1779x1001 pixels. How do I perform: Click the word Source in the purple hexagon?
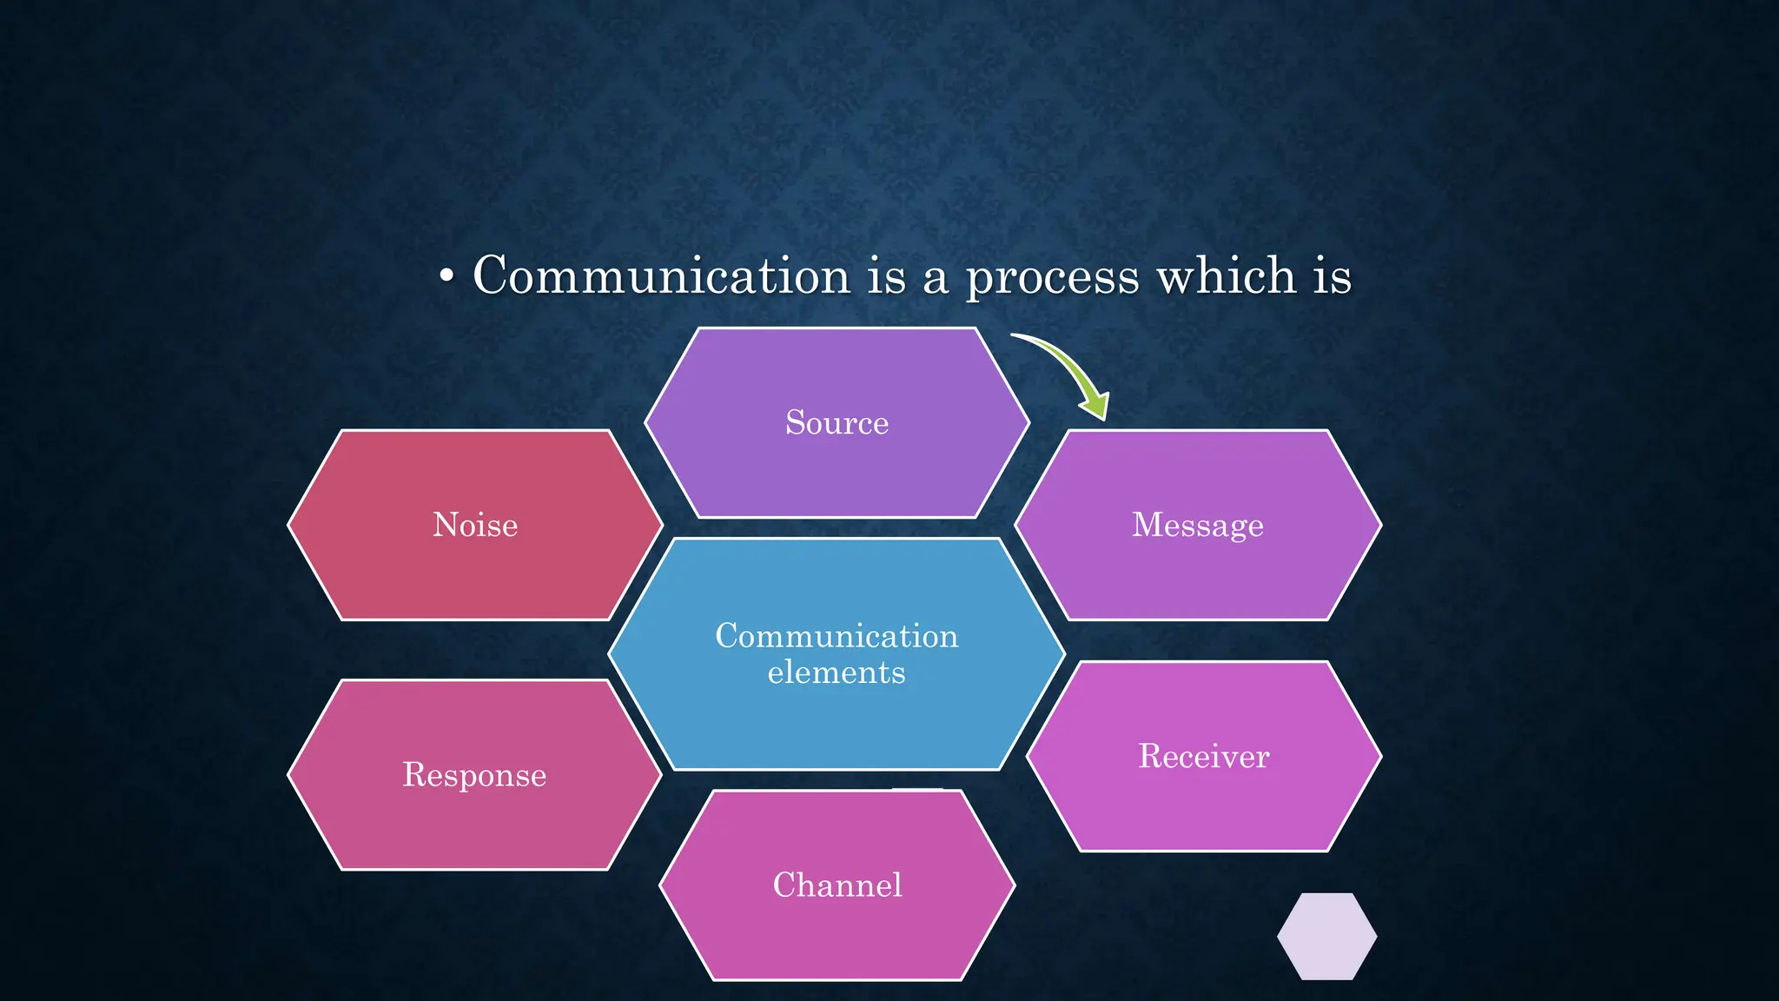837,423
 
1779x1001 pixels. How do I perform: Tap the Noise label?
475,526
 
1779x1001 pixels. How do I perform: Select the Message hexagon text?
1197,526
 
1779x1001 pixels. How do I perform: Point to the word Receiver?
1203,757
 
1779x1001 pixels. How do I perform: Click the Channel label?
837,885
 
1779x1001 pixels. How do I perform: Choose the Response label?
474,775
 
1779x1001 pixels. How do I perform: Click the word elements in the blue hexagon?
837,673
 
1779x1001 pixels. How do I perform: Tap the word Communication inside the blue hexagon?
837,636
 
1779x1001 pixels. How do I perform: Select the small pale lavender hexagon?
1326,937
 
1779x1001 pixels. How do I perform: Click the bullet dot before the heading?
446,277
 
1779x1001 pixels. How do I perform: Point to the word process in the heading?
1052,278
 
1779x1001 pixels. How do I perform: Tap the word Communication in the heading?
661,276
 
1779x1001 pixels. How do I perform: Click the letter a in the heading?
935,280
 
